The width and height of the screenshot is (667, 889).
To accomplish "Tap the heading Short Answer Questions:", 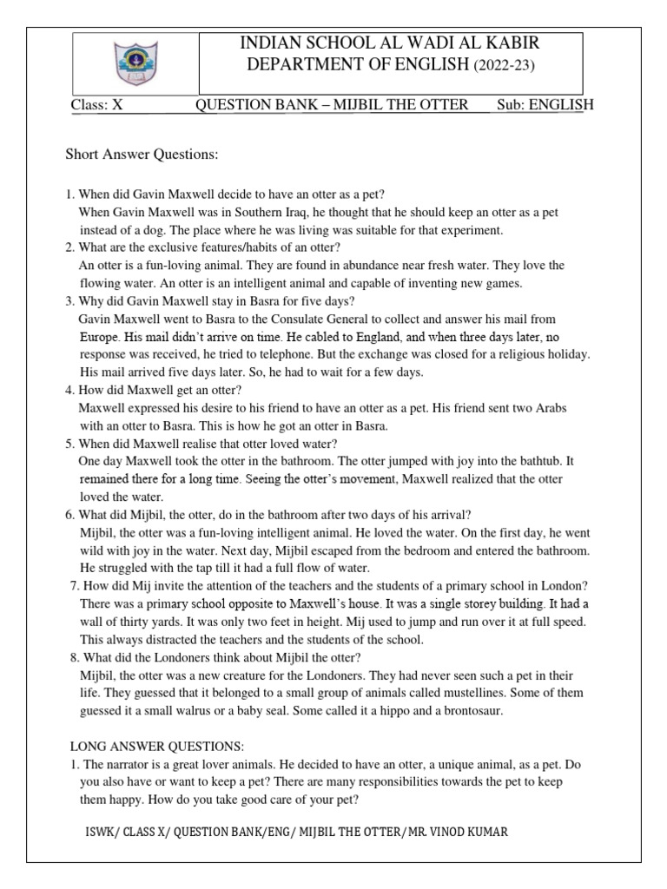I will point(141,155).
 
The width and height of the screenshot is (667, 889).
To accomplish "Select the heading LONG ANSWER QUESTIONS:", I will point(157,747).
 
